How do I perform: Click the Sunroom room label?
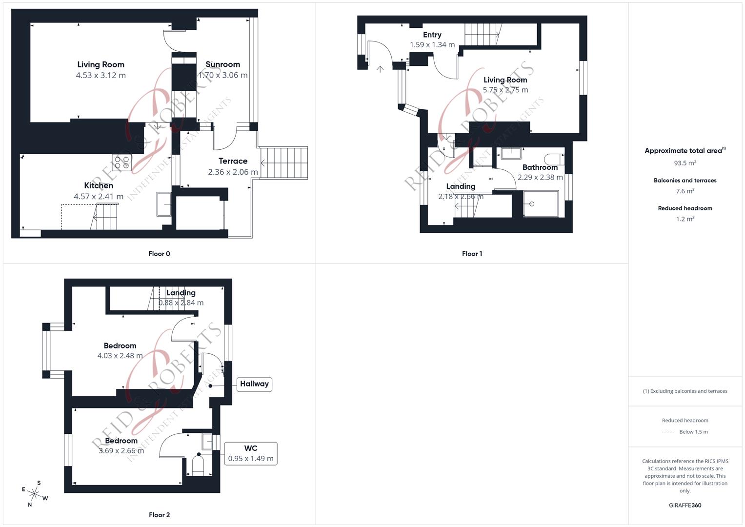tap(222, 64)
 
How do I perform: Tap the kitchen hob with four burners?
tap(122, 162)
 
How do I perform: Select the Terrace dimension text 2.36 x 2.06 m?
tap(233, 172)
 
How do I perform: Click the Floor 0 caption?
tap(159, 254)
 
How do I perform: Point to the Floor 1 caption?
tap(472, 254)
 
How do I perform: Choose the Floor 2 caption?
tap(159, 515)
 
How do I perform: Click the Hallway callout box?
tap(254, 384)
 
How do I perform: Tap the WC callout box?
tap(251, 453)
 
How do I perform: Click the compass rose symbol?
tap(34, 493)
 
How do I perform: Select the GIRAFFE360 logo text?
tap(685, 505)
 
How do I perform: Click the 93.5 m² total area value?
tap(685, 163)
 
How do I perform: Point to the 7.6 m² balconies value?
tap(685, 191)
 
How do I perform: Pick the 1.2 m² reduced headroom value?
tap(685, 219)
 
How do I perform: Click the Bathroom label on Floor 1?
tap(540, 167)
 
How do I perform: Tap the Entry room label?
tap(432, 35)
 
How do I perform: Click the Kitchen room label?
tap(99, 185)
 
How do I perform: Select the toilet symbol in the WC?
tap(198, 464)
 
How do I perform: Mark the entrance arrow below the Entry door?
tap(380, 69)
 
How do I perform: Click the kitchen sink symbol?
tap(163, 204)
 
